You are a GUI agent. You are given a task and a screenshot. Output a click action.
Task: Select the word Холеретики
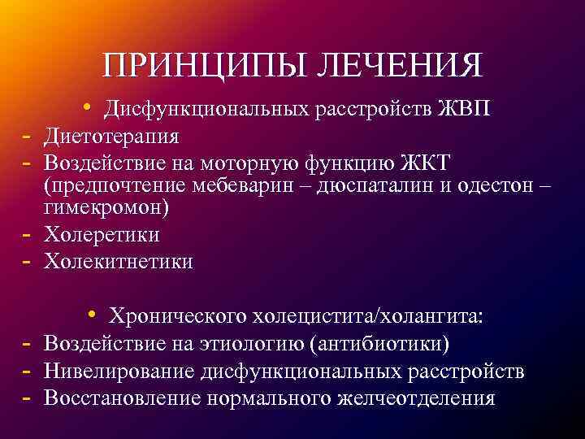102,235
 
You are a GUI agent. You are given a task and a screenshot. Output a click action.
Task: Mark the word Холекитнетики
119,261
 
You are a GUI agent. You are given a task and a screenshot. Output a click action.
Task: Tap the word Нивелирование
119,372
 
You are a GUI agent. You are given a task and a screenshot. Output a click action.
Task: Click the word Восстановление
123,398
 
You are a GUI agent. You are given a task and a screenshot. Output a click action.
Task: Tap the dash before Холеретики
27,234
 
